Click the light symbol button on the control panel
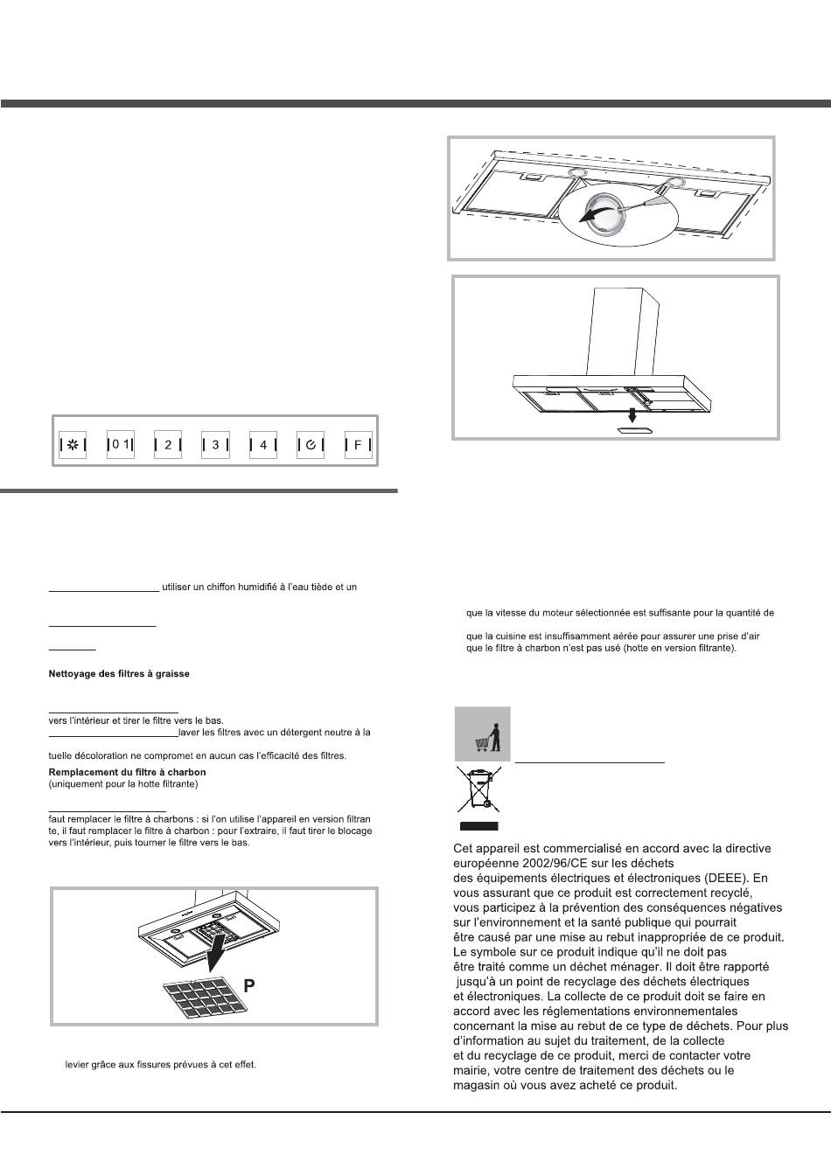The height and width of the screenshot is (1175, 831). pyautogui.click(x=73, y=445)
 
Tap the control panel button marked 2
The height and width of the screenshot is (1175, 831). pyautogui.click(x=167, y=445)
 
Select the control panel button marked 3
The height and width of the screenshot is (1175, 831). pyautogui.click(x=215, y=445)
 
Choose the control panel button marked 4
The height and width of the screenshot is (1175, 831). pyautogui.click(x=263, y=445)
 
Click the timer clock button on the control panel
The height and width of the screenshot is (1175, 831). pyautogui.click(x=311, y=445)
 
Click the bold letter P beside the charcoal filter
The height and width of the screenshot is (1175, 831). pyautogui.click(x=249, y=986)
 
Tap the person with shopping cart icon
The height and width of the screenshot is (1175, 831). pyautogui.click(x=483, y=734)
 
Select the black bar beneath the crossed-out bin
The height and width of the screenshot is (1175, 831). pyautogui.click(x=478, y=826)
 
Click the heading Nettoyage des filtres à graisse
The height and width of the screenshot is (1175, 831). pyautogui.click(x=119, y=673)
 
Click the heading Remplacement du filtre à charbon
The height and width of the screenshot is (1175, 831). pyautogui.click(x=127, y=772)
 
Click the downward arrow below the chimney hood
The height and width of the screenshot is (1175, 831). pyautogui.click(x=633, y=415)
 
